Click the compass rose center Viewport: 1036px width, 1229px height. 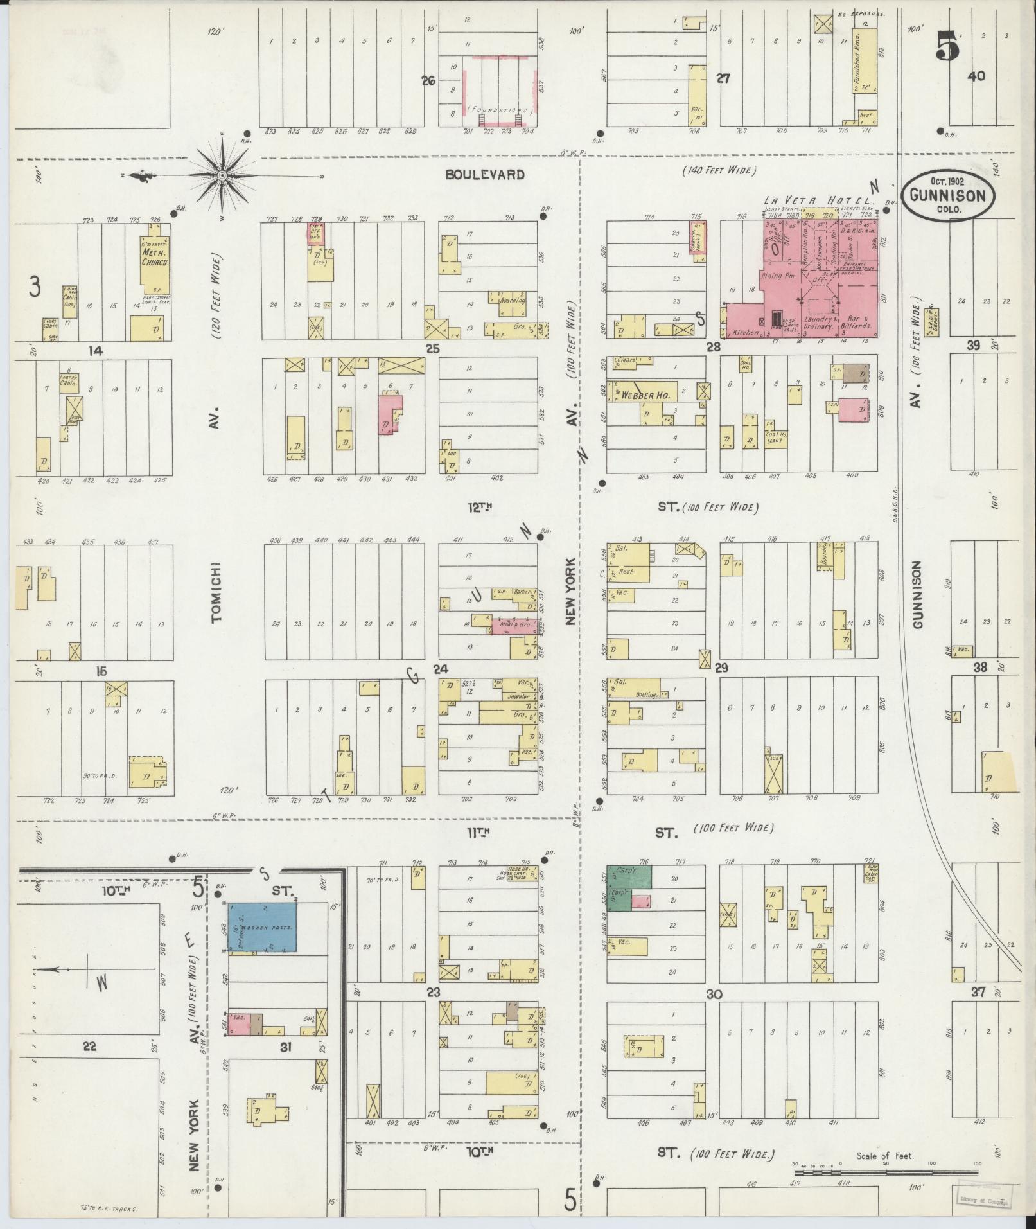(222, 175)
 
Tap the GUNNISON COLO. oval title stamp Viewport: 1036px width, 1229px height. (947, 195)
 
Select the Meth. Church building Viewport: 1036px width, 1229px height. (156, 263)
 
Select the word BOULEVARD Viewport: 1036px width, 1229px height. (485, 175)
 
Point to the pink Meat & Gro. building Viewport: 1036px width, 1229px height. (514, 625)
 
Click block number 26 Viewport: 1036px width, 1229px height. (428, 81)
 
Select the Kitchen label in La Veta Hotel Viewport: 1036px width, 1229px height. (745, 333)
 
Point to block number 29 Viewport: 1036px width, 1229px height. (721, 668)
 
